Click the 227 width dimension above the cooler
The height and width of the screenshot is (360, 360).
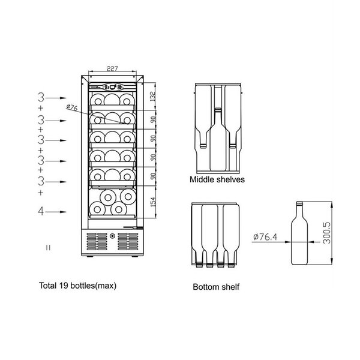112,68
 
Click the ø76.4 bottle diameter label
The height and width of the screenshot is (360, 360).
265,237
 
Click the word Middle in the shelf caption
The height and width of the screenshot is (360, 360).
203,179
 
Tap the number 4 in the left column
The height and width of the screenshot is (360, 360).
41,211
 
